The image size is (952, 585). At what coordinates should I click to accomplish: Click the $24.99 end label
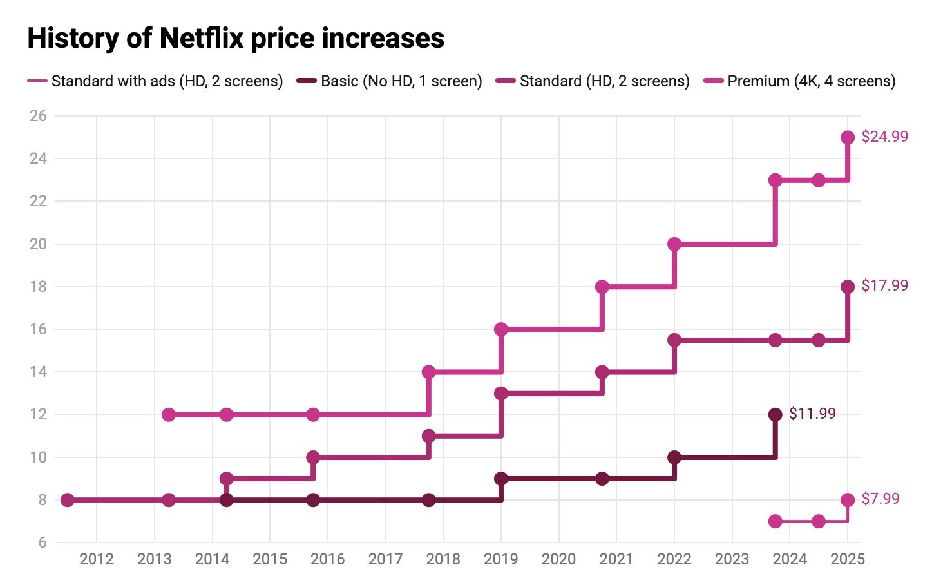(884, 137)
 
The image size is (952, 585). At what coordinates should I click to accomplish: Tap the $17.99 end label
(884, 285)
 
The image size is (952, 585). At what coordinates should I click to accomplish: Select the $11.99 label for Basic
(812, 414)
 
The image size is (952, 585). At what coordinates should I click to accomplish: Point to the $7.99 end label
(881, 499)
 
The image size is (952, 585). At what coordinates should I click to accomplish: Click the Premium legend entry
(811, 81)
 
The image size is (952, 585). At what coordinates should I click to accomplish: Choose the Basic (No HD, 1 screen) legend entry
(401, 81)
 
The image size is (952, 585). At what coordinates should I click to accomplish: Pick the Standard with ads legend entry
(167, 81)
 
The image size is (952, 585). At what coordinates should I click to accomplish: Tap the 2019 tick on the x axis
(501, 559)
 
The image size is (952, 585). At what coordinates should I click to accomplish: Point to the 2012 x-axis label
(97, 559)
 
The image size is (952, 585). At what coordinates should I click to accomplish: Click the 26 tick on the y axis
(38, 116)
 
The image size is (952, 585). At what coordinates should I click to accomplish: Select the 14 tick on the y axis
(38, 372)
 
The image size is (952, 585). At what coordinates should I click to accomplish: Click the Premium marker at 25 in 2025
(848, 137)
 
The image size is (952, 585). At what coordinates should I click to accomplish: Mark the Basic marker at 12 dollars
(776, 414)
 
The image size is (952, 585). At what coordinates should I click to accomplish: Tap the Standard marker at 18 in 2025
(848, 287)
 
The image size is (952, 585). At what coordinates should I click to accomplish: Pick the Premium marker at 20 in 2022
(674, 244)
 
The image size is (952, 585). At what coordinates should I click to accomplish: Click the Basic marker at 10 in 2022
(674, 457)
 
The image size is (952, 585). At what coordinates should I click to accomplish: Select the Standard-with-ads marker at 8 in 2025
(848, 500)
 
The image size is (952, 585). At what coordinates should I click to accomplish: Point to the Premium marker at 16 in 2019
(501, 329)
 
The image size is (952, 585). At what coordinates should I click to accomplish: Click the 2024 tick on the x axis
(790, 559)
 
